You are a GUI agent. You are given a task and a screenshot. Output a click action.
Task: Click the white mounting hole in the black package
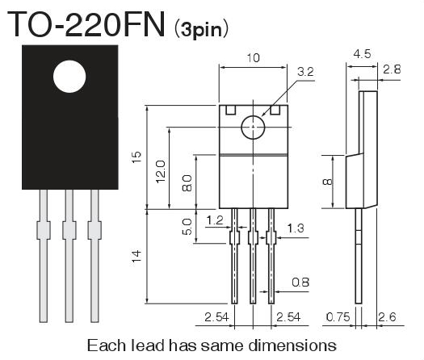(69, 77)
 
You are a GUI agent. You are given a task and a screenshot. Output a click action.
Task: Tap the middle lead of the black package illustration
(69, 256)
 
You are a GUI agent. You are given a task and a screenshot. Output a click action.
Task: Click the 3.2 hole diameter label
(305, 72)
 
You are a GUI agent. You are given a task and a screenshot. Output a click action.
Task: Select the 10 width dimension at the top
(253, 58)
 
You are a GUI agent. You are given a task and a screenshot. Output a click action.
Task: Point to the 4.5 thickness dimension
(362, 54)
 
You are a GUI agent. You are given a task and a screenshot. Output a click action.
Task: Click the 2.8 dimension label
(392, 69)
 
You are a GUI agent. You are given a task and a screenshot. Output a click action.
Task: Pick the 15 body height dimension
(136, 157)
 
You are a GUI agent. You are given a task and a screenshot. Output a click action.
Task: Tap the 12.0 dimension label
(161, 171)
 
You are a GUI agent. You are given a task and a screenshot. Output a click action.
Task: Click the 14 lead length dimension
(136, 256)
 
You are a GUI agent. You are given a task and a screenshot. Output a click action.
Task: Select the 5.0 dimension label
(187, 227)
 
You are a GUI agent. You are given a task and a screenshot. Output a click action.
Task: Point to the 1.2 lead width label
(215, 220)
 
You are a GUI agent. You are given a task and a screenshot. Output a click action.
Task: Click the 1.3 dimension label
(296, 228)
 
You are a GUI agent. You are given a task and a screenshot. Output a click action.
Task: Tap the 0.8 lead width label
(300, 283)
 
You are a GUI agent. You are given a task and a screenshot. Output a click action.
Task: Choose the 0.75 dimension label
(338, 316)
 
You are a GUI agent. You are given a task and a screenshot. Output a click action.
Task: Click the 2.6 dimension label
(387, 316)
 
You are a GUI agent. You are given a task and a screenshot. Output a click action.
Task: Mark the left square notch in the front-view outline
(231, 110)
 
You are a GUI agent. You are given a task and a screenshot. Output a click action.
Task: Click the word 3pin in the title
(201, 29)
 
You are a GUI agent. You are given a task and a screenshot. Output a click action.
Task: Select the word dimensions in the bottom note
(292, 345)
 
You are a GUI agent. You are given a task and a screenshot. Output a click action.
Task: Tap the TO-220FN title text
(86, 23)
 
